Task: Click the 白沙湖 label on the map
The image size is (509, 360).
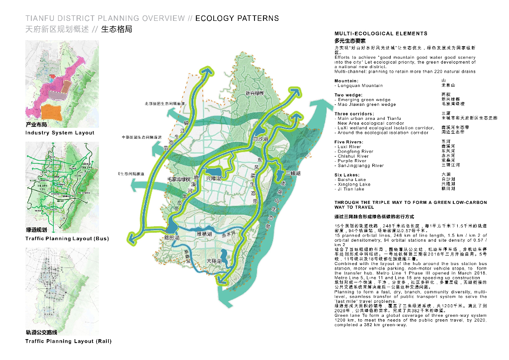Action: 260,140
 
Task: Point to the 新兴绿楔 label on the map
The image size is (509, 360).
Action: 254,93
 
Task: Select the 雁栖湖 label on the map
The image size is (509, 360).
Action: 204,233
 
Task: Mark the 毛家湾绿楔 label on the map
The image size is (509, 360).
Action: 178,179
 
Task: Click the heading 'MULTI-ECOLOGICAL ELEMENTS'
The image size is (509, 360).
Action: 381,34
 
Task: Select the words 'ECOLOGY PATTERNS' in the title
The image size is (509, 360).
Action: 237,18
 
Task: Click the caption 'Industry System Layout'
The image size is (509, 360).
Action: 60,133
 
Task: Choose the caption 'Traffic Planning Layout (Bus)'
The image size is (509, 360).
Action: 67,239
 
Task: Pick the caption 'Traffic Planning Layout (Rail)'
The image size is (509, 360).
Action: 68,341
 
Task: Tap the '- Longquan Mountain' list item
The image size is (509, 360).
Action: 359,86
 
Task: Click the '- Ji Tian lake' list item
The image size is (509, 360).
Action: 350,189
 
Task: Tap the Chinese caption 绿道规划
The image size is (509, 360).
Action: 36,230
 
